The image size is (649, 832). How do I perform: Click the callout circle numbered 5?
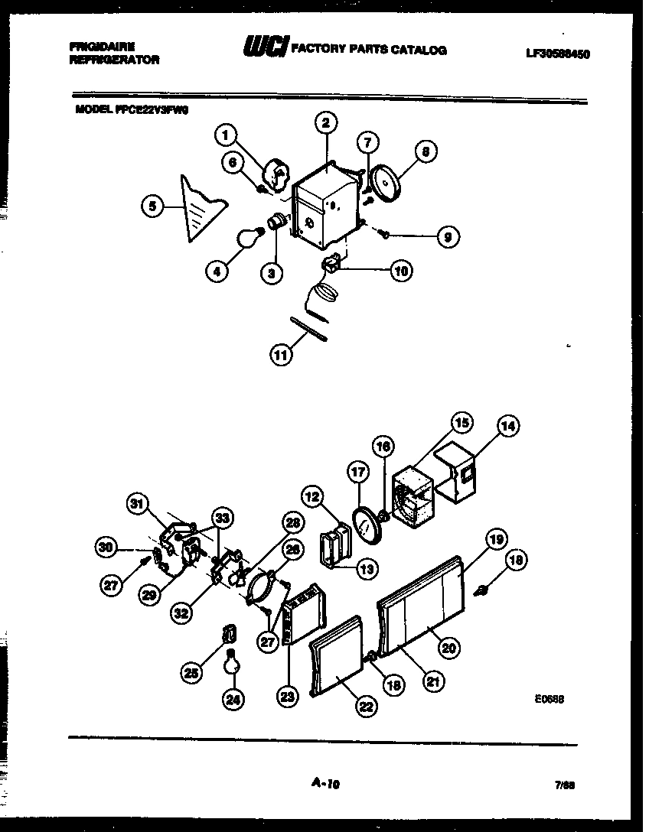pyautogui.click(x=152, y=206)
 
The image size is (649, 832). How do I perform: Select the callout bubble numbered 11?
pyautogui.click(x=281, y=354)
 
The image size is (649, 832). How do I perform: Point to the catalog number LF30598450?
pyautogui.click(x=558, y=54)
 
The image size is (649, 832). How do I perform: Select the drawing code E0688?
pyautogui.click(x=550, y=698)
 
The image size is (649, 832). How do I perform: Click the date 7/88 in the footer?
pyautogui.click(x=566, y=785)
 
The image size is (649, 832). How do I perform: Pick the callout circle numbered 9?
pyautogui.click(x=448, y=237)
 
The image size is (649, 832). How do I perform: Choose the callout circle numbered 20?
pyautogui.click(x=448, y=647)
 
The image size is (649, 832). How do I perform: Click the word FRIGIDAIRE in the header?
pyautogui.click(x=102, y=47)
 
